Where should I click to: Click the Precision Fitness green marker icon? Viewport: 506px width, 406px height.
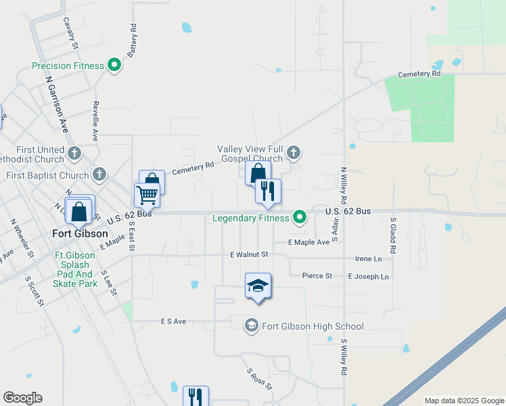pyautogui.click(x=114, y=66)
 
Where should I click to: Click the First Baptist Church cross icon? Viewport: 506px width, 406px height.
pyautogui.click(x=99, y=175)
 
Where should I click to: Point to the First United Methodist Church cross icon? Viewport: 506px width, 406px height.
pyautogui.click(x=74, y=154)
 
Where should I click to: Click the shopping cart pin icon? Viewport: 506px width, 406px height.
pyautogui.click(x=147, y=195)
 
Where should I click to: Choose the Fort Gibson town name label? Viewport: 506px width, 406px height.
pyautogui.click(x=80, y=234)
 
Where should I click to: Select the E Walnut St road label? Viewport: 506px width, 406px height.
pyautogui.click(x=249, y=254)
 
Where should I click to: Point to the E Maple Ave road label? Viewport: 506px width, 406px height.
pyautogui.click(x=308, y=242)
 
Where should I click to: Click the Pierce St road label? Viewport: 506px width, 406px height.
pyautogui.click(x=317, y=276)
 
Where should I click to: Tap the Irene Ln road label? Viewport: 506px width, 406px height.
pyautogui.click(x=368, y=259)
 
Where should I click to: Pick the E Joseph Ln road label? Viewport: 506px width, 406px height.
pyautogui.click(x=369, y=277)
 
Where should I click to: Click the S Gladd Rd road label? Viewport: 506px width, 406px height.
pyautogui.click(x=392, y=235)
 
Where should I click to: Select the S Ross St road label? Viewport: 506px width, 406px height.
pyautogui.click(x=259, y=380)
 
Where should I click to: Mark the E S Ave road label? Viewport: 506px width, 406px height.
pyautogui.click(x=174, y=321)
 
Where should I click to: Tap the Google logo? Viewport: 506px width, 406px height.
pyautogui.click(x=22, y=398)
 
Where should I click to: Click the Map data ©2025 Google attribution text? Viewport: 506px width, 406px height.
pyautogui.click(x=463, y=401)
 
